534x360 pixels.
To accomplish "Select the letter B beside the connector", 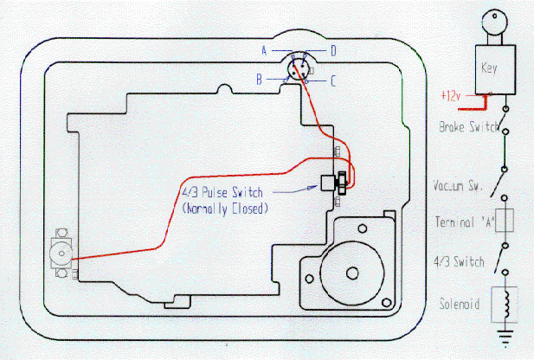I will coord(259,80).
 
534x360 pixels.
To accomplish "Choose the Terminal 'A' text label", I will coord(464,222).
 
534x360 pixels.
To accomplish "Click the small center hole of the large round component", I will coord(353,273).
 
